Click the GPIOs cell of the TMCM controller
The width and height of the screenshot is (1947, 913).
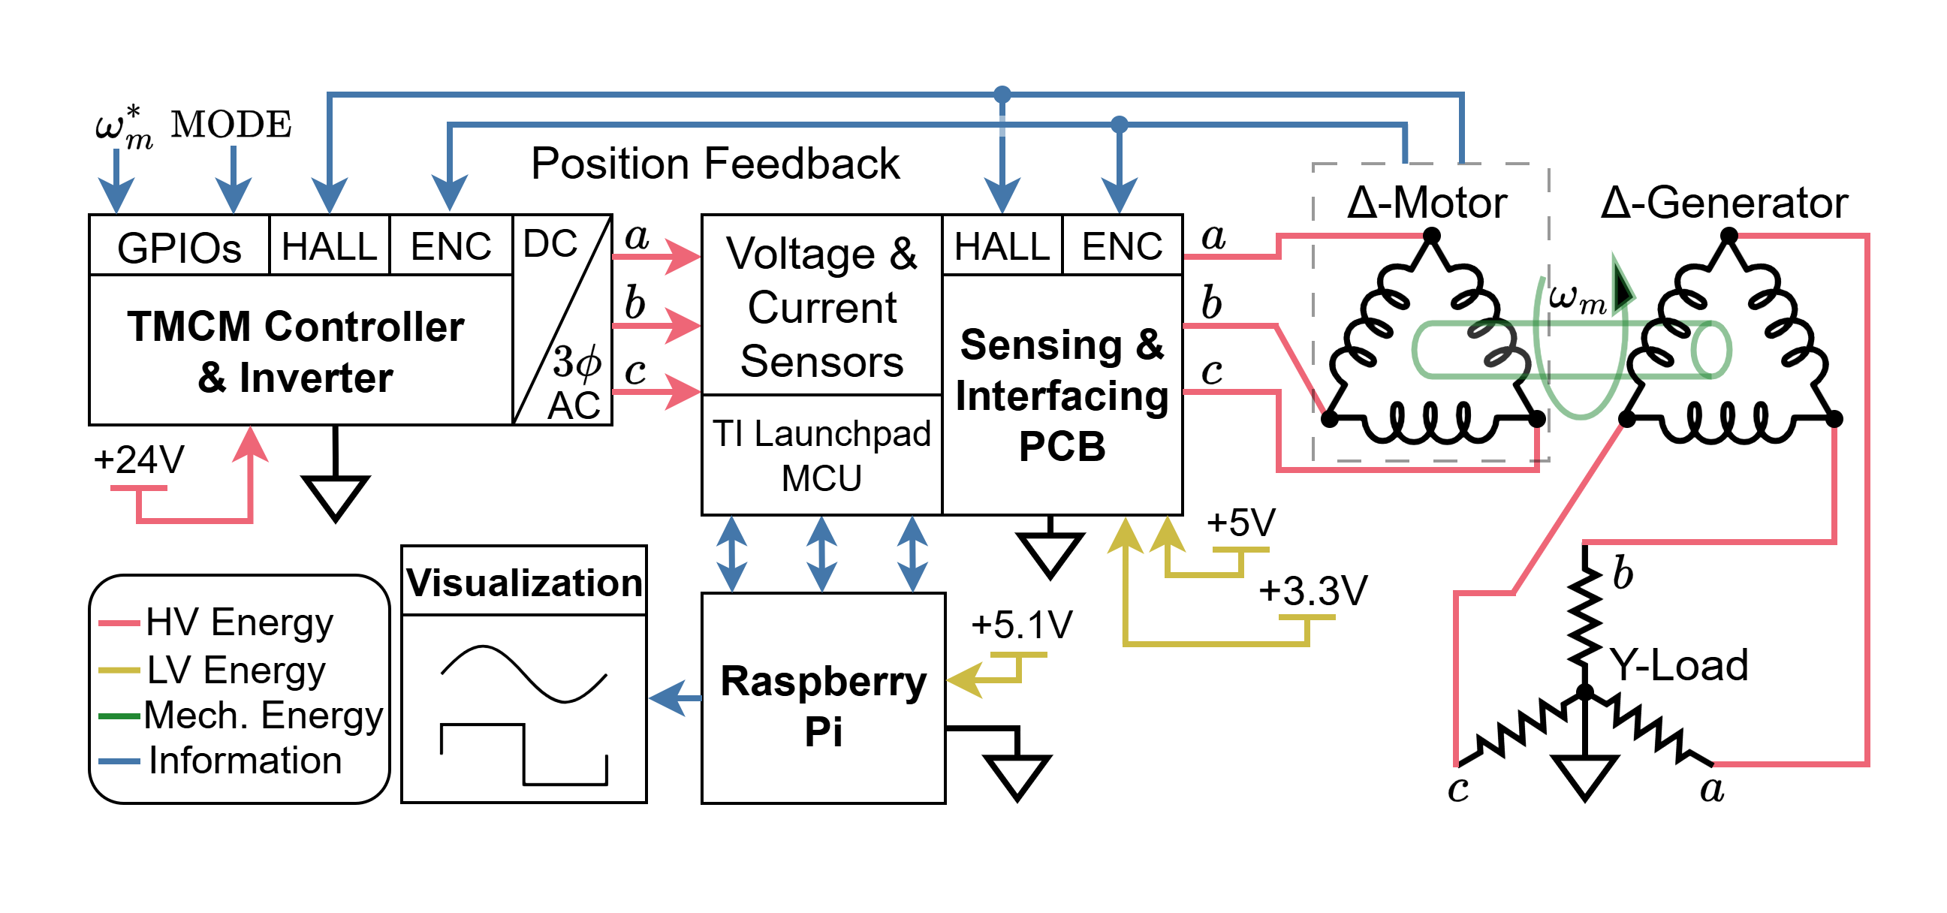(179, 247)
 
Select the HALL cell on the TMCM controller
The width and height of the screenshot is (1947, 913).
(329, 247)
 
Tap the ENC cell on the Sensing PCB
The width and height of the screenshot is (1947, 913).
(1122, 246)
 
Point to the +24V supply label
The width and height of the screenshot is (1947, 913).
(138, 460)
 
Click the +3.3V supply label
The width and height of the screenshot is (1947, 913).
(1313, 590)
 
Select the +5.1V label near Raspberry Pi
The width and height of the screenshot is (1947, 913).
(1022, 624)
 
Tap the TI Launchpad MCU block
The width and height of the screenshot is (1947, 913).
(821, 455)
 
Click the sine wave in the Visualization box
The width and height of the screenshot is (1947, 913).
(523, 673)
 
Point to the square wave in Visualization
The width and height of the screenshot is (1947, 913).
(523, 755)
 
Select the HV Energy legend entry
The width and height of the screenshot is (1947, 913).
(238, 622)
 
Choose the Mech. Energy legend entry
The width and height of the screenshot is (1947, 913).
(262, 714)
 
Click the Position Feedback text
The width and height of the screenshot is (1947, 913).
(715, 163)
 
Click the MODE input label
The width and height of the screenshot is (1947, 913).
(231, 124)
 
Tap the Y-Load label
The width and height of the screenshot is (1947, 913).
(1678, 665)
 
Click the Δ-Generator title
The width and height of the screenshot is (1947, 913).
(1724, 203)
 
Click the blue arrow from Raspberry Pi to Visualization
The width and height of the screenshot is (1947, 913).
(675, 697)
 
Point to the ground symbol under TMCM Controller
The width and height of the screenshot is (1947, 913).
(335, 496)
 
